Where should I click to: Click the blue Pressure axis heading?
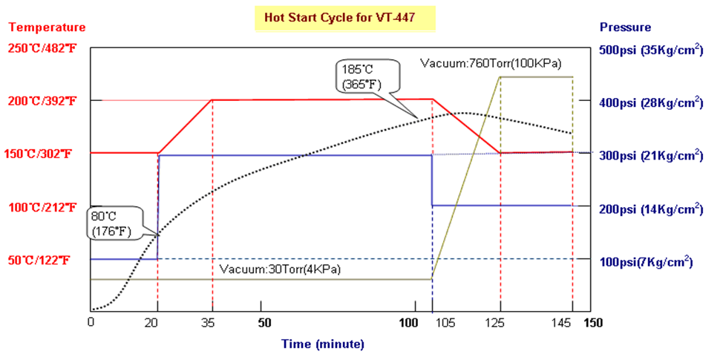tap(626, 27)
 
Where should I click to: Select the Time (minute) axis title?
tap(322, 344)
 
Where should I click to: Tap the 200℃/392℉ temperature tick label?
tap(42, 101)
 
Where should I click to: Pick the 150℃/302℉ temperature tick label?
tap(42, 154)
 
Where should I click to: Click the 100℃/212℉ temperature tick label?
tap(42, 207)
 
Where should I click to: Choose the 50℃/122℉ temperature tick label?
tap(42, 260)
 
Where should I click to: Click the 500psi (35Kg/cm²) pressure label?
tap(650, 50)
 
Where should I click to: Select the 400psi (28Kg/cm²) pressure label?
tap(650, 102)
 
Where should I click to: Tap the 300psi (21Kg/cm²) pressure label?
tap(650, 156)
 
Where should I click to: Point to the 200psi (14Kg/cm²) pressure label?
tap(650, 209)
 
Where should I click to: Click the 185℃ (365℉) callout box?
tap(361, 76)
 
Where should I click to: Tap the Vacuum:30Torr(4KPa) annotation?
tap(280, 269)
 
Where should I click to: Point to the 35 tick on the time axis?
tap(212, 324)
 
